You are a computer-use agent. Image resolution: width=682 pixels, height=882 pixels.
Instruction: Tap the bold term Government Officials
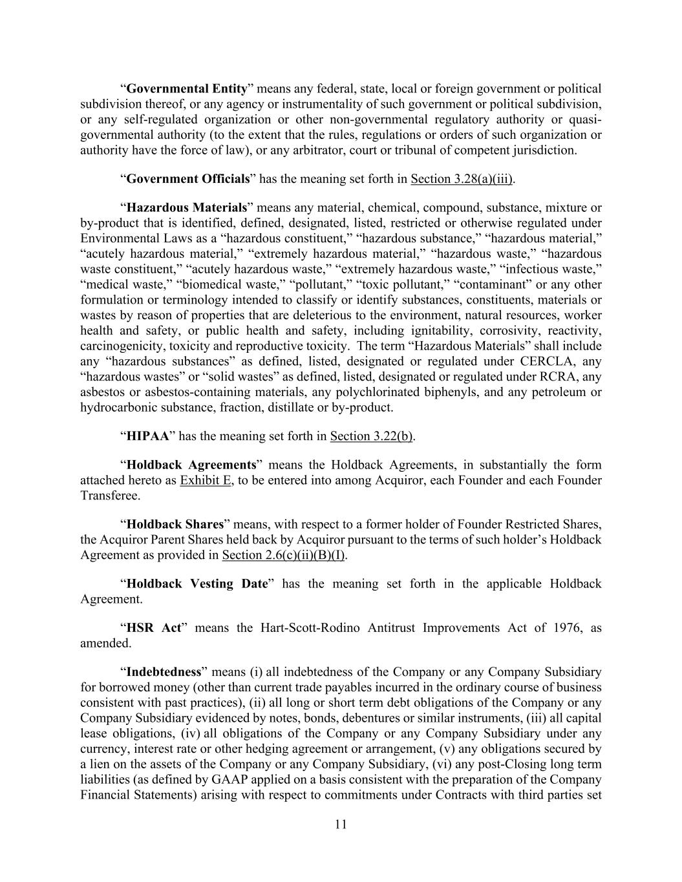pyautogui.click(x=188, y=179)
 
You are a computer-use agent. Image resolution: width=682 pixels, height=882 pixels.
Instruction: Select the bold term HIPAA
pyautogui.click(x=147, y=436)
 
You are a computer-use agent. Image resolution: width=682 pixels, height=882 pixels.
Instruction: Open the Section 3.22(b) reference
pyautogui.click(x=371, y=436)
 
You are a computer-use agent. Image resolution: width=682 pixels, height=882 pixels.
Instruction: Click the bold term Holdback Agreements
pyautogui.click(x=191, y=465)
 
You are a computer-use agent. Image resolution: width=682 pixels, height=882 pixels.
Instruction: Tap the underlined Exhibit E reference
pyautogui.click(x=205, y=480)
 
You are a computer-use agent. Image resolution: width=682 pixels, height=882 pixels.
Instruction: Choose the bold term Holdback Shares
pyautogui.click(x=175, y=524)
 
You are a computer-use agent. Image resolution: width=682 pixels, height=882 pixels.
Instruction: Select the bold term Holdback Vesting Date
pyautogui.click(x=197, y=583)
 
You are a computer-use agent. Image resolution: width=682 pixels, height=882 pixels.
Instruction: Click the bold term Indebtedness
pyautogui.click(x=165, y=671)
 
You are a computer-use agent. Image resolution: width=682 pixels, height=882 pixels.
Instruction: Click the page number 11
pyautogui.click(x=341, y=824)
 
